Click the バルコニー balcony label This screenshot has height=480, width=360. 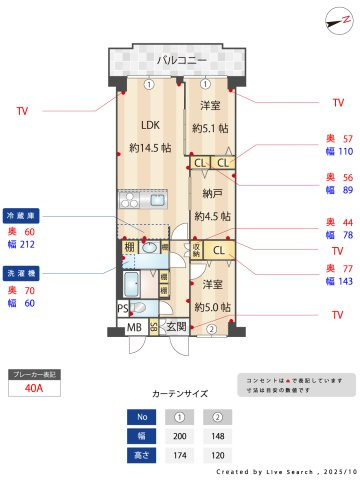[x=181, y=61]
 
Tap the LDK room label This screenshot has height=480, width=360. [x=150, y=126]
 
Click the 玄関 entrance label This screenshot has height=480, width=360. [x=176, y=327]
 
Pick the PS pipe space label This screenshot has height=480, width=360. [x=122, y=308]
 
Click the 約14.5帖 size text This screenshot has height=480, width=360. [x=150, y=148]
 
